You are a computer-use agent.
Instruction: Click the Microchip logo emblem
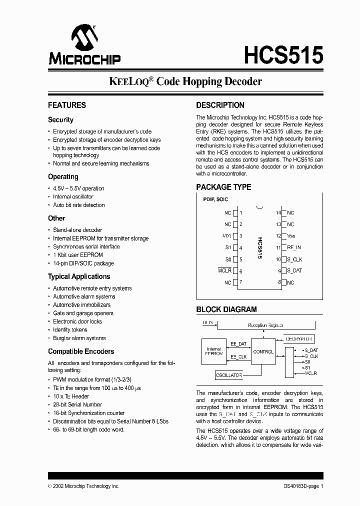point(84,38)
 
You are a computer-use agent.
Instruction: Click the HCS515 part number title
point(283,54)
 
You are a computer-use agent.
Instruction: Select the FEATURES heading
point(67,105)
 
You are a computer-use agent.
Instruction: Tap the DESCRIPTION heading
point(220,105)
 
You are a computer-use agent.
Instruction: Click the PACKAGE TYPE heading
point(223,187)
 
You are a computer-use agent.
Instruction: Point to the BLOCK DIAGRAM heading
point(226,309)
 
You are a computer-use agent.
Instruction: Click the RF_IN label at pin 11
point(294,247)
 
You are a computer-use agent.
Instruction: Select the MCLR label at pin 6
point(224,270)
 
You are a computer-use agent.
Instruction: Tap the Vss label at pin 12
point(291,236)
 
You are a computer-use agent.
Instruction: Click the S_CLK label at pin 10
point(294,259)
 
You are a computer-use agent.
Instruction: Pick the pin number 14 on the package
point(278,212)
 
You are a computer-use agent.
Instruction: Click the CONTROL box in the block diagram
point(263,351)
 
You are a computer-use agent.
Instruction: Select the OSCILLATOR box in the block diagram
point(229,375)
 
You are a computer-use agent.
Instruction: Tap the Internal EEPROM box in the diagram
point(213,352)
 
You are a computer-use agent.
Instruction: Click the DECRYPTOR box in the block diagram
point(299,338)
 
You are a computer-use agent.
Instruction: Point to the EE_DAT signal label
point(238,344)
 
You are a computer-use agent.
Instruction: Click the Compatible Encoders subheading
point(81,351)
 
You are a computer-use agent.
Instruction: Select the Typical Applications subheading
point(79,276)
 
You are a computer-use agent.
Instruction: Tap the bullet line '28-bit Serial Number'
point(77,404)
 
